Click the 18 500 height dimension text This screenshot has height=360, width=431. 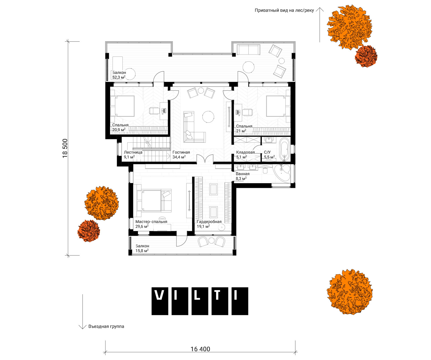(65, 148)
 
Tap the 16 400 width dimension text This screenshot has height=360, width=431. (200, 349)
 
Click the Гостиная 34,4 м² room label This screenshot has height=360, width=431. (181, 155)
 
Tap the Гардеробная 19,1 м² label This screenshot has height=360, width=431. (209, 224)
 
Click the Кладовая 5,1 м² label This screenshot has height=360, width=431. (245, 155)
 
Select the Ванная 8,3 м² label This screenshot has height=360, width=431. (243, 176)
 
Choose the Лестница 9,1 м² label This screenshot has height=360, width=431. (133, 155)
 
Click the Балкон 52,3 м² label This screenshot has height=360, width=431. (119, 75)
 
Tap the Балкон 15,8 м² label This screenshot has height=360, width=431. (142, 248)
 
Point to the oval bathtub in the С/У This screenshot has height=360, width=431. (285, 149)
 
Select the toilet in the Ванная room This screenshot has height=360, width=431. (266, 170)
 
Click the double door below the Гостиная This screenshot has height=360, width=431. (205, 159)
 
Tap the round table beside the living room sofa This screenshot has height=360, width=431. (208, 117)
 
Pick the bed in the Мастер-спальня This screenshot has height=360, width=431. (154, 201)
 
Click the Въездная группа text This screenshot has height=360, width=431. (106, 326)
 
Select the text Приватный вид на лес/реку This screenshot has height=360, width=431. (284, 10)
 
